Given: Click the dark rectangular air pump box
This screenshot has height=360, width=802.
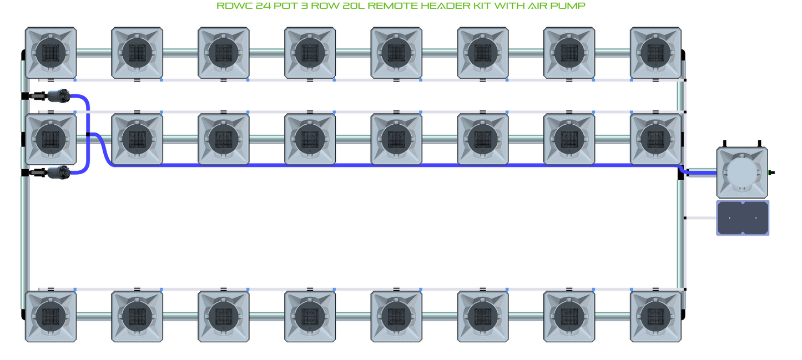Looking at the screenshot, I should pos(743,218).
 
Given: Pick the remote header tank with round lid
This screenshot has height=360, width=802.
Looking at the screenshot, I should pos(742,173).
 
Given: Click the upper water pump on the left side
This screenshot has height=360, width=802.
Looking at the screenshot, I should pos(57,96).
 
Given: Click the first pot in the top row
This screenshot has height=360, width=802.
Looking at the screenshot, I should pos(51,53).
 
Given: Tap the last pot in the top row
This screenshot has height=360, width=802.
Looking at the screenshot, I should pos(655,53).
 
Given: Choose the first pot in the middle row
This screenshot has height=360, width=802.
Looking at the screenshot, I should pos(51,139).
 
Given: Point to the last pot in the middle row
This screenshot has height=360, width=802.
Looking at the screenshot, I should pos(655,139).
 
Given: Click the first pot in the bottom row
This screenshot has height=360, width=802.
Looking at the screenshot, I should pos(51,316).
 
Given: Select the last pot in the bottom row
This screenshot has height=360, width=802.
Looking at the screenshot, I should pos(655,316).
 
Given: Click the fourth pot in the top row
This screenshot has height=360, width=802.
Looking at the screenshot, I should pos(310,53).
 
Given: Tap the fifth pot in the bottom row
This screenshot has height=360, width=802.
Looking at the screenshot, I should pos(396,316).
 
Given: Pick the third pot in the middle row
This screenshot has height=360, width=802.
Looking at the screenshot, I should pos(223,139).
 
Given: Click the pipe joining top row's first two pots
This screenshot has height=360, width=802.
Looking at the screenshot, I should pos(94,53).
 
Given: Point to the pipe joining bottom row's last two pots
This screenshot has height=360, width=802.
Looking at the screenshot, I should pos(612,316).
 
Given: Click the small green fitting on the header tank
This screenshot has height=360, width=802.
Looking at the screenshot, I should pos(771,173).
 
